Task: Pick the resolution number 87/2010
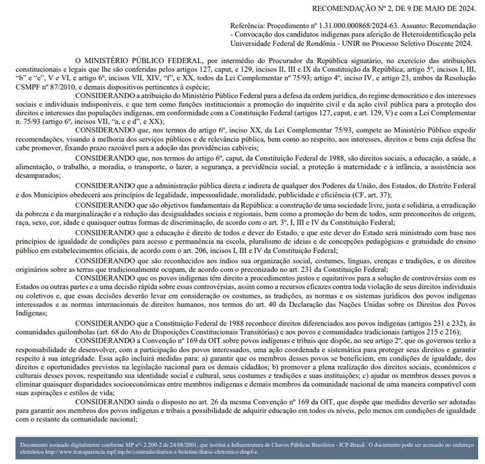pos(58,85)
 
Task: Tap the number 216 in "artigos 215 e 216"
pos(452,333)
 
